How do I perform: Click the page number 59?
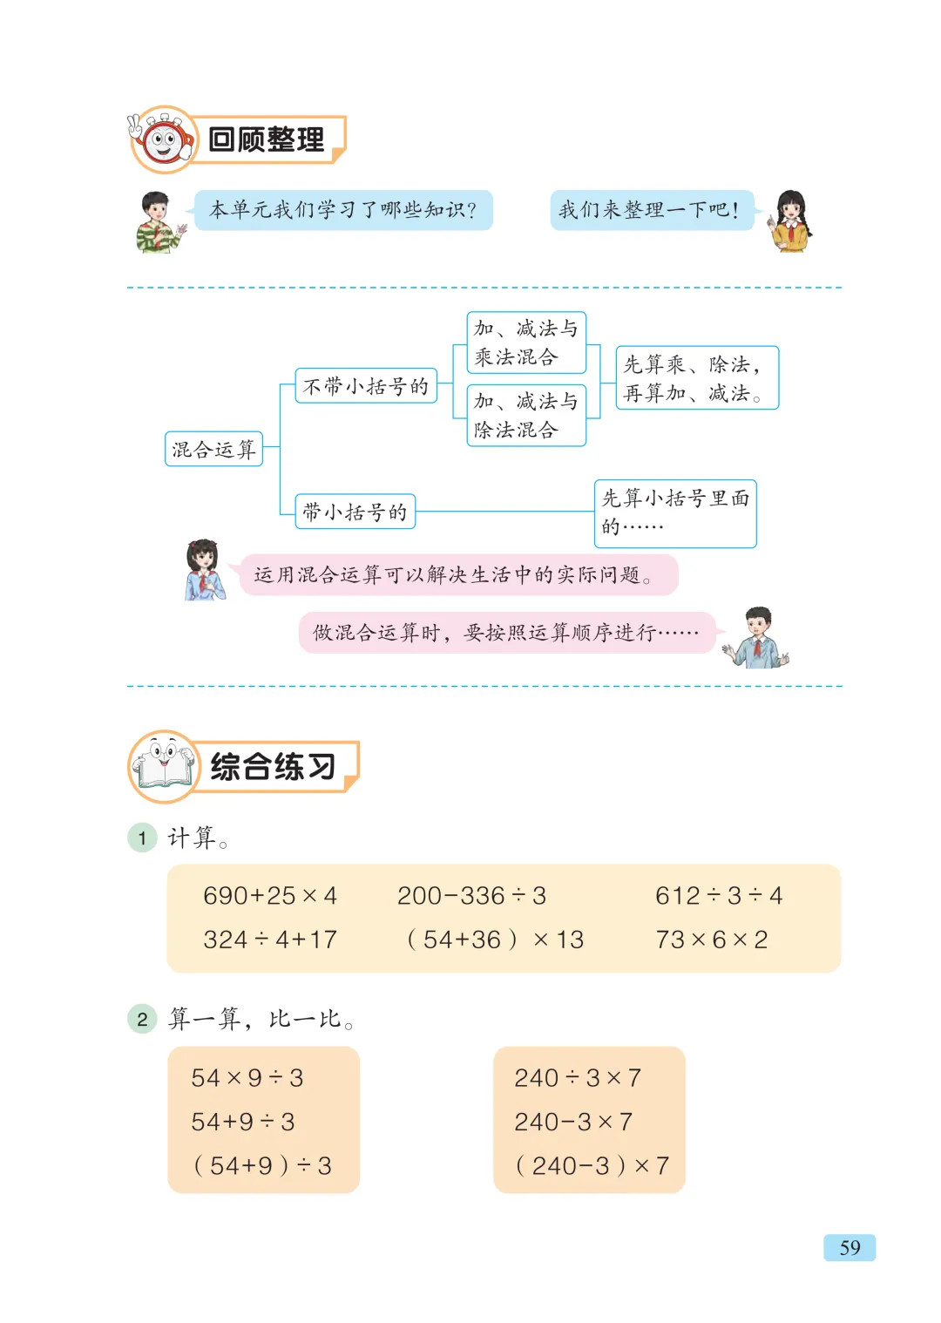coord(850,1247)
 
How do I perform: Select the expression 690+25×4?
coord(270,896)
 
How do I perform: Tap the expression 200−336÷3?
coord(471,896)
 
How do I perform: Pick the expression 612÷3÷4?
coord(719,896)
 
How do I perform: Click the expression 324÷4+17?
coord(270,940)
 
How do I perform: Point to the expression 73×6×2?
coord(712,940)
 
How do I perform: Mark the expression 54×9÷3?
coord(247,1078)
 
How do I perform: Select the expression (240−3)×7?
coord(592,1165)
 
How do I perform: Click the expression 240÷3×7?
coord(578,1078)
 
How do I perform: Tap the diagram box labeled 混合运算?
coord(213,450)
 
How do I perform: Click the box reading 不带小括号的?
coord(366,386)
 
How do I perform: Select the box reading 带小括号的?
coord(355,512)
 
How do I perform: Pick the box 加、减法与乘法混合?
coord(526,343)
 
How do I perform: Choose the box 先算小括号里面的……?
coord(675,513)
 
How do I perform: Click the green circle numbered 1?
coord(142,838)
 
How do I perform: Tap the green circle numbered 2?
coord(142,1019)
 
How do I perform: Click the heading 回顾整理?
coord(267,139)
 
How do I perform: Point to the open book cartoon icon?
coord(163,766)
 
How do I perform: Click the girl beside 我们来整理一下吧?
coord(791,221)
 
